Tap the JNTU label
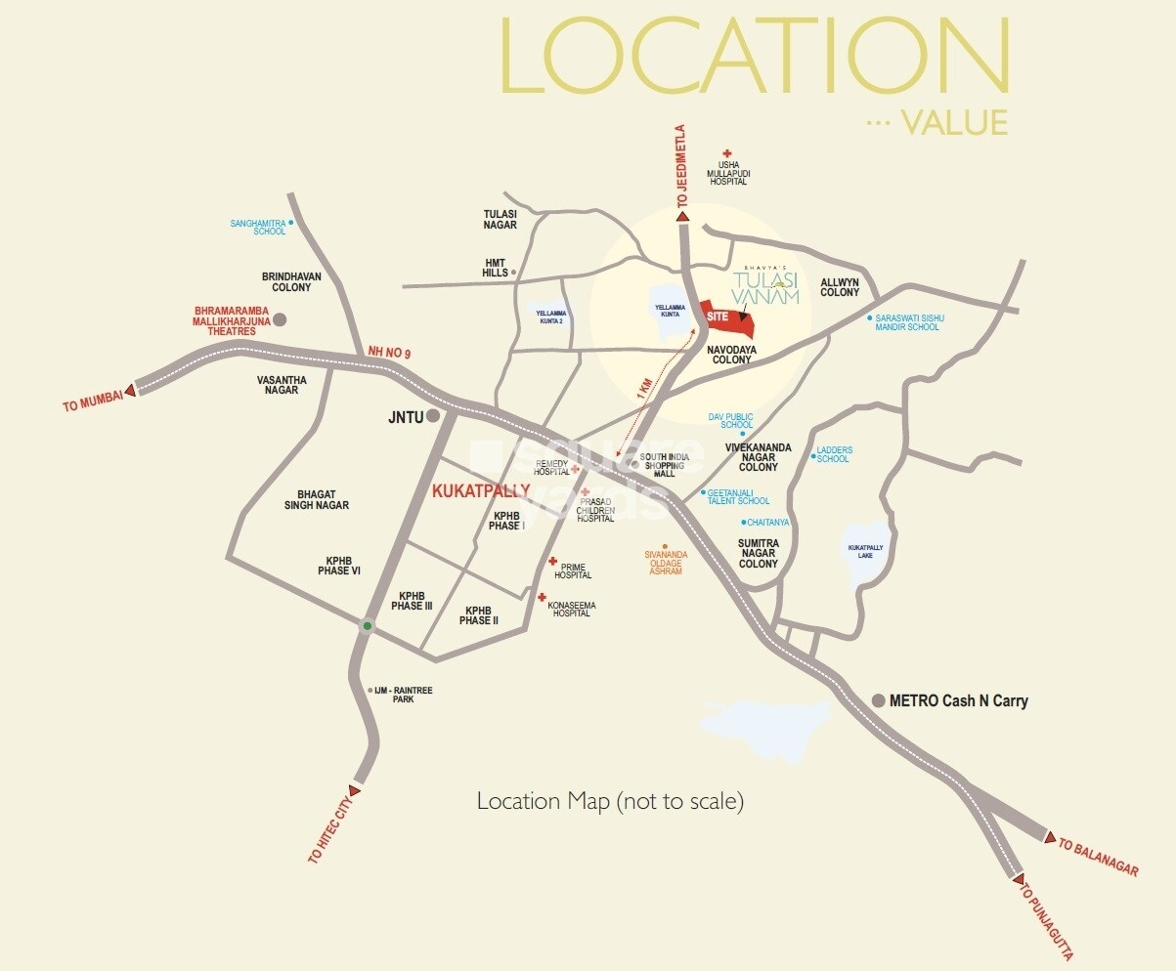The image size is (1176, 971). pos(405,416)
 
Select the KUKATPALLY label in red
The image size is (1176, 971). pos(481,490)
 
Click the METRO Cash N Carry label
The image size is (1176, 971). pos(958,700)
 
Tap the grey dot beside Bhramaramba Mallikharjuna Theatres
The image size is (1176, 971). pos(280,319)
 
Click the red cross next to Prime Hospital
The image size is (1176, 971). pos(552,562)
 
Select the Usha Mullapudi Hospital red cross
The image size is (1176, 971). pos(726,153)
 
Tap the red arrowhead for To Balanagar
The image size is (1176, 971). pos(1050,838)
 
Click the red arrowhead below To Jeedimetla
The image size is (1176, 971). pos(683,218)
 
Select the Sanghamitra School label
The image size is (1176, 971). pos(258,227)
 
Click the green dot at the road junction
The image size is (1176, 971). pos(367,625)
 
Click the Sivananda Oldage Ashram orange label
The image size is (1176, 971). pos(666,564)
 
